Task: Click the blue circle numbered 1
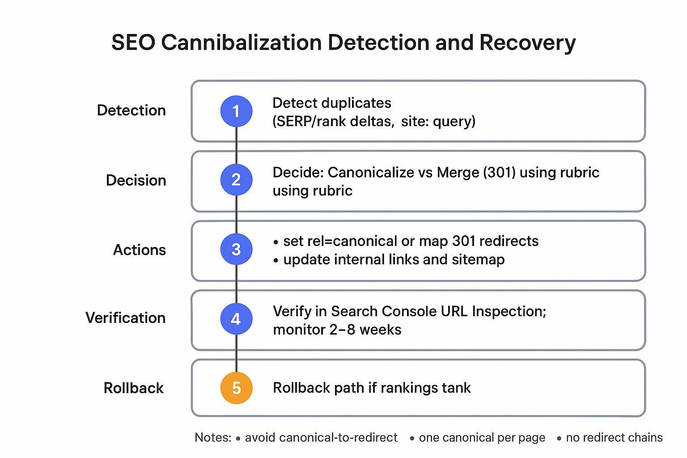click(x=236, y=111)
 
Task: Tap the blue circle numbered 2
click(x=236, y=180)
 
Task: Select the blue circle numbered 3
click(x=236, y=249)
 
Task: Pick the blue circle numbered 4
click(x=236, y=319)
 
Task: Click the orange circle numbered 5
click(x=236, y=388)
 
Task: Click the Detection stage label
click(x=131, y=110)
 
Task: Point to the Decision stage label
click(x=136, y=180)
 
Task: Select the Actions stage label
click(x=139, y=250)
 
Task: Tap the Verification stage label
click(x=125, y=318)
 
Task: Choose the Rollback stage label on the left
click(x=133, y=388)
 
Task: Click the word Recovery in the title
click(x=527, y=43)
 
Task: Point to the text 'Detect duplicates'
click(x=331, y=103)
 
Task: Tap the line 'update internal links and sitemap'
click(x=394, y=259)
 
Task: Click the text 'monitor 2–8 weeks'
click(x=337, y=330)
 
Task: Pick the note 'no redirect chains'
click(x=614, y=437)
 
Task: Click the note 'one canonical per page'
click(x=482, y=437)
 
